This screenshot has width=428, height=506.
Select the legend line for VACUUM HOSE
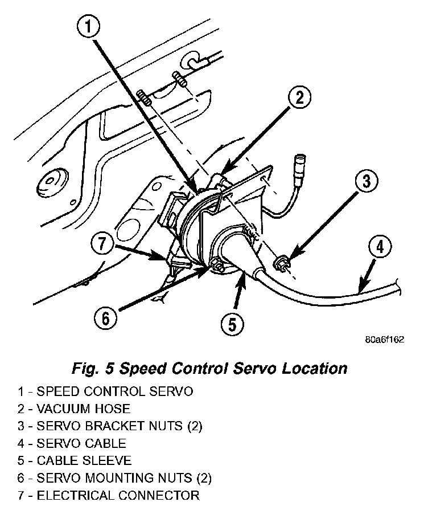73,409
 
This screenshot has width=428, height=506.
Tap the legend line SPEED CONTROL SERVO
105,391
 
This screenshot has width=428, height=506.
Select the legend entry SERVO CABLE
71,443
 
